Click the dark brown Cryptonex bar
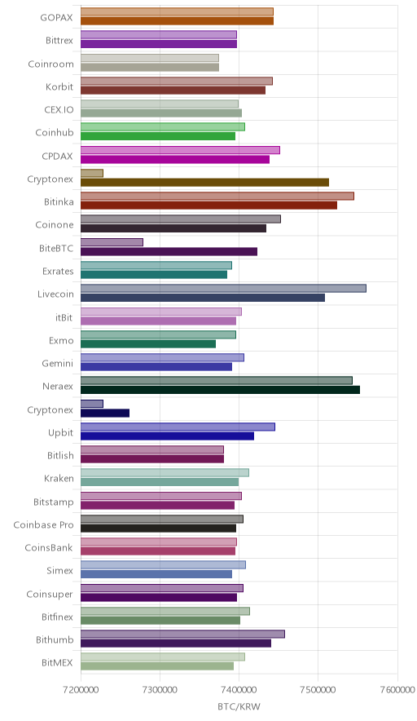(x=204, y=183)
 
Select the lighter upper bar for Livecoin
(x=223, y=288)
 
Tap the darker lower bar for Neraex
(x=221, y=390)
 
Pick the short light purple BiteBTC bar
(x=112, y=242)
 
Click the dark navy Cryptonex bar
(x=105, y=413)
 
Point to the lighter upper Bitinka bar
(x=217, y=196)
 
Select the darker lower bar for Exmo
(x=148, y=344)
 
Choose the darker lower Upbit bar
(x=167, y=436)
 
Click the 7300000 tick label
(x=160, y=690)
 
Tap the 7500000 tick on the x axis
(x=318, y=690)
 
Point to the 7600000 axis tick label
(x=397, y=690)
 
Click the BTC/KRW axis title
(x=239, y=707)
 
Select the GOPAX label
(x=56, y=18)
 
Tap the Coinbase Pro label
(x=44, y=524)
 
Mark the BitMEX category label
(x=57, y=662)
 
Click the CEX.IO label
(x=59, y=110)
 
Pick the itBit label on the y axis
(x=64, y=317)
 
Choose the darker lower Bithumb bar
(x=176, y=644)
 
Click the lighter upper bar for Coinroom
(x=150, y=58)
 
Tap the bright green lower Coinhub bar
(x=158, y=136)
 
